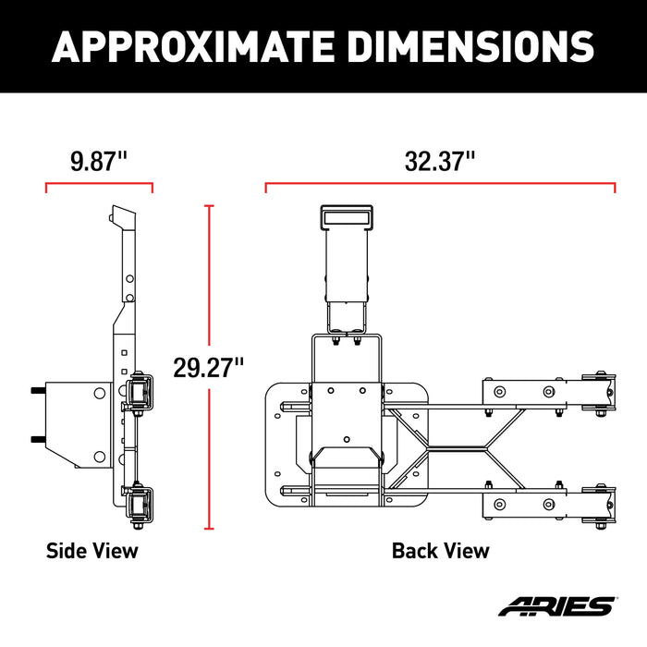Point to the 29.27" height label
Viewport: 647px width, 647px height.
tap(209, 367)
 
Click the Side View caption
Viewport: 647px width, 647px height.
tap(92, 551)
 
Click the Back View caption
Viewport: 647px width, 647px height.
tap(440, 551)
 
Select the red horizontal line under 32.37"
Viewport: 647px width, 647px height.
tap(440, 184)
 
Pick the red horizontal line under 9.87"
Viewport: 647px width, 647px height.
tap(99, 184)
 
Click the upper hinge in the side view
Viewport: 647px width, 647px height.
tap(141, 393)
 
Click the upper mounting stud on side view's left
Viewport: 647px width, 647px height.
tap(35, 391)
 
